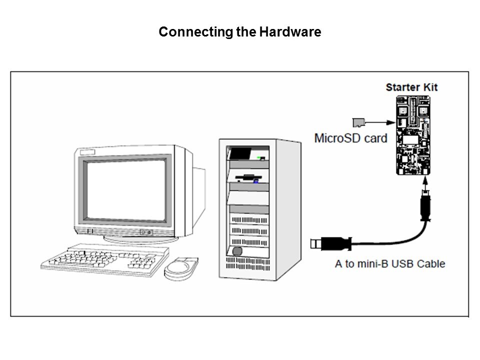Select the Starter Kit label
[x=411, y=87]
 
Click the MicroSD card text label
[x=350, y=137]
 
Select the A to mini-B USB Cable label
[x=389, y=263]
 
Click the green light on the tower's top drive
[x=258, y=158]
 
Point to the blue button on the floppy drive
[x=255, y=181]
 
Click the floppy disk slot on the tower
[x=248, y=176]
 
